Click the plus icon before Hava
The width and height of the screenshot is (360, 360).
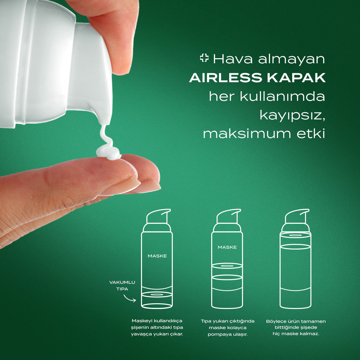click(x=204, y=58)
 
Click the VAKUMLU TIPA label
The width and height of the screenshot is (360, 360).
click(x=122, y=286)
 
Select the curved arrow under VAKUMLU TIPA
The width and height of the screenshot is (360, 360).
click(x=130, y=298)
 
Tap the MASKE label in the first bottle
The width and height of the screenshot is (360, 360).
click(x=157, y=256)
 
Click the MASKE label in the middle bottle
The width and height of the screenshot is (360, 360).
click(x=227, y=247)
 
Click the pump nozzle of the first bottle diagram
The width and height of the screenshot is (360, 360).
click(x=159, y=216)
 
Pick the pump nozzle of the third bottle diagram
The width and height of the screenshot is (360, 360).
click(x=297, y=216)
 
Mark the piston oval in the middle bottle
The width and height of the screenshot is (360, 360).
click(x=227, y=266)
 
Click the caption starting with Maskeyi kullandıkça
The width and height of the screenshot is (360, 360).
click(x=157, y=327)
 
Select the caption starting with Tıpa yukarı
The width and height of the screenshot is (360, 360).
click(x=227, y=328)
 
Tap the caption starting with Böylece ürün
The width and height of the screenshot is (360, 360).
click(x=296, y=327)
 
